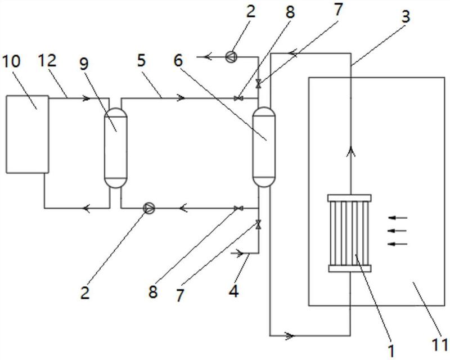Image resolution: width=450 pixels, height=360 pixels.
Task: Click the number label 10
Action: coord(11,61)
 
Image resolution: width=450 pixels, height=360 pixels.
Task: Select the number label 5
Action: coord(141,61)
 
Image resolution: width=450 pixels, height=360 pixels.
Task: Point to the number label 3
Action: coord(405,17)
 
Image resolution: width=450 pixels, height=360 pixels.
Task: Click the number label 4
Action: coord(234,291)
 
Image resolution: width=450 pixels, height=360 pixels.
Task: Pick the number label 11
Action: coord(440,344)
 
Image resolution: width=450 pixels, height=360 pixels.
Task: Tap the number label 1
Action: coord(391,351)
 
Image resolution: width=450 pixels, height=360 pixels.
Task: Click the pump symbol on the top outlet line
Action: coord(231,57)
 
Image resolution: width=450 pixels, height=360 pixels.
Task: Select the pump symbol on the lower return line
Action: coord(149,208)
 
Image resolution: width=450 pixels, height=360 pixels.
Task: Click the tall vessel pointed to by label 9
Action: coord(115,148)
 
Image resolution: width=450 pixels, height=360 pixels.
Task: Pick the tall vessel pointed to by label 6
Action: coord(264,147)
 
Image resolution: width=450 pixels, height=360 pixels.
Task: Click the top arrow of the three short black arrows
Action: coord(398,218)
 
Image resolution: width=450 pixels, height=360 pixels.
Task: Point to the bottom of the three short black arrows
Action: coord(398,244)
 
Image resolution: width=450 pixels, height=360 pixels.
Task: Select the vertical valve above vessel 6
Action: coord(259,84)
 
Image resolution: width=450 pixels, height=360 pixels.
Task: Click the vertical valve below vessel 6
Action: coord(259,224)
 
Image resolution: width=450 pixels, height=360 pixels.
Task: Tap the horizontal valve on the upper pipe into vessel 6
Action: coord(238,98)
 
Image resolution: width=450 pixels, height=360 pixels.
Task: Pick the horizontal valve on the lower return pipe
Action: coord(238,208)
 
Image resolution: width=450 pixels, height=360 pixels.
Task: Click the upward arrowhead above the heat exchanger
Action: coord(350,151)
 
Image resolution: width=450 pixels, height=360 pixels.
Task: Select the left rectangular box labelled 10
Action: coord(27,134)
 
